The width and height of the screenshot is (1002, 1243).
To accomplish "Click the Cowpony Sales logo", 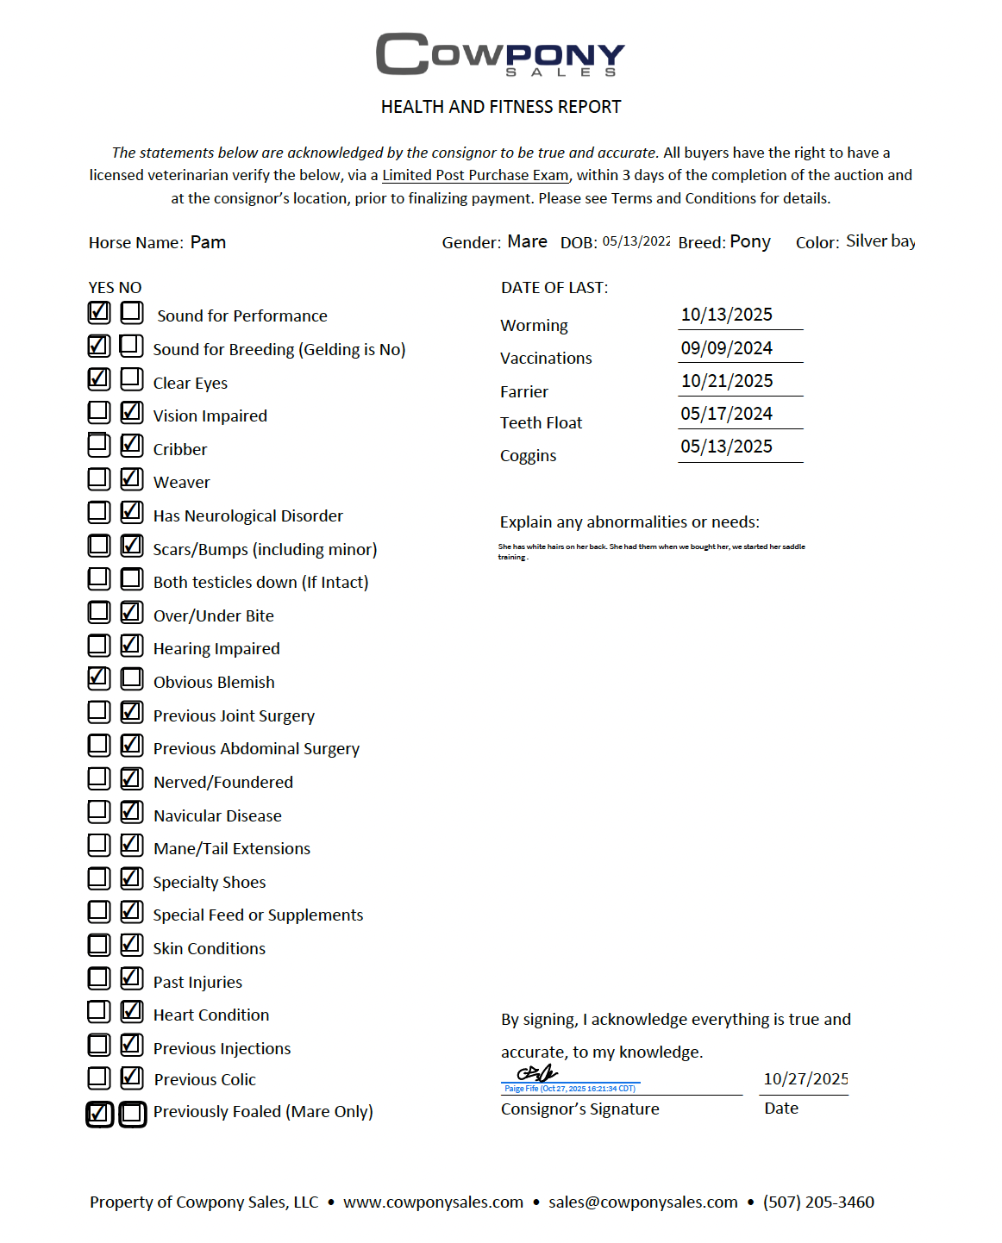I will click(x=500, y=54).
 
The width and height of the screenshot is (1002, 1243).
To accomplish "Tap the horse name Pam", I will click(x=208, y=242).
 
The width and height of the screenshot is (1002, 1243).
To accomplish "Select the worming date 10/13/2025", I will click(x=726, y=315).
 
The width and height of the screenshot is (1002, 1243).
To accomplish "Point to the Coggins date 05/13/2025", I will click(x=726, y=447).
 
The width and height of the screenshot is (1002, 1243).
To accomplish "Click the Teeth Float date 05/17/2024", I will click(x=726, y=414).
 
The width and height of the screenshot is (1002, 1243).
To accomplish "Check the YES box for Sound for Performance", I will click(x=99, y=311).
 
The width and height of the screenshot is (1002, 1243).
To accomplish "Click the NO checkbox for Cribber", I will click(x=132, y=445).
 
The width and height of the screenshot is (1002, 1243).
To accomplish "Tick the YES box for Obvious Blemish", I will click(x=99, y=678).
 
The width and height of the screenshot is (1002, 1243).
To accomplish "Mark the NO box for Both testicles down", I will click(x=132, y=578).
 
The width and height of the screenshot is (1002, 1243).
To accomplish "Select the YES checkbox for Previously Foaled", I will click(x=99, y=1114).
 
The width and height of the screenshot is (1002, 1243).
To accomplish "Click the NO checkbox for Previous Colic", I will click(x=132, y=1077).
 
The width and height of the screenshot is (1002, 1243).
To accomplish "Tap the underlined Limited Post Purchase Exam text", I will click(x=475, y=175).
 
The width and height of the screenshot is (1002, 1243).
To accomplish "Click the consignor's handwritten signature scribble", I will click(x=537, y=1073).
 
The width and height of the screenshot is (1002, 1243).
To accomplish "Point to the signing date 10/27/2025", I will click(x=805, y=1079).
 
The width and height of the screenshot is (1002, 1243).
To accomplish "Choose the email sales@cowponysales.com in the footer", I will click(x=642, y=1202).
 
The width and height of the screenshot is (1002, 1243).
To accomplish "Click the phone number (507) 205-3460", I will click(x=818, y=1202).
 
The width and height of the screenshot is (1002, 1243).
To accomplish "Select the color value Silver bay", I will click(x=880, y=241).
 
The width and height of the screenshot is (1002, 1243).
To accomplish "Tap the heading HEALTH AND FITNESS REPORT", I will click(x=501, y=107).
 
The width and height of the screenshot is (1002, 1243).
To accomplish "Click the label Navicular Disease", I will click(x=217, y=815).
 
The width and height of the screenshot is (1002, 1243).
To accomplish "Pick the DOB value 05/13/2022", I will click(x=636, y=241).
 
